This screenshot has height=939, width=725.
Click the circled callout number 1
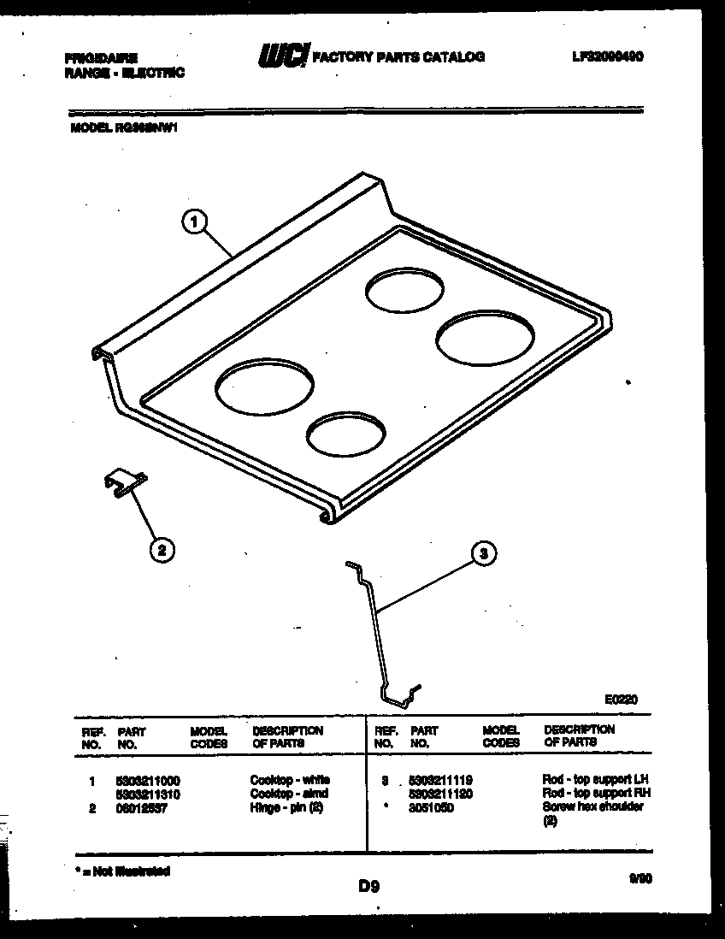pos(194,223)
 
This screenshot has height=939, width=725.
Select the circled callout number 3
pos(484,554)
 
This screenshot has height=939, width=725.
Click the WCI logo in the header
pos(282,56)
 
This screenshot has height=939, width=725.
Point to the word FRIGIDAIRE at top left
pos(102,57)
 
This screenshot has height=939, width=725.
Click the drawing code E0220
pos(621,699)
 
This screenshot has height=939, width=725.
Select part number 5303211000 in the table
pos(147,781)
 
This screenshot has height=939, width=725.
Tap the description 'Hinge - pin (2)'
pos(286,808)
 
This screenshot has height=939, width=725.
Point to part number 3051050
pos(431,808)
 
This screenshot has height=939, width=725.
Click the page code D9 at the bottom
pos(368,887)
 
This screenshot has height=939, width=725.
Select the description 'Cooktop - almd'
pos(289,794)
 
